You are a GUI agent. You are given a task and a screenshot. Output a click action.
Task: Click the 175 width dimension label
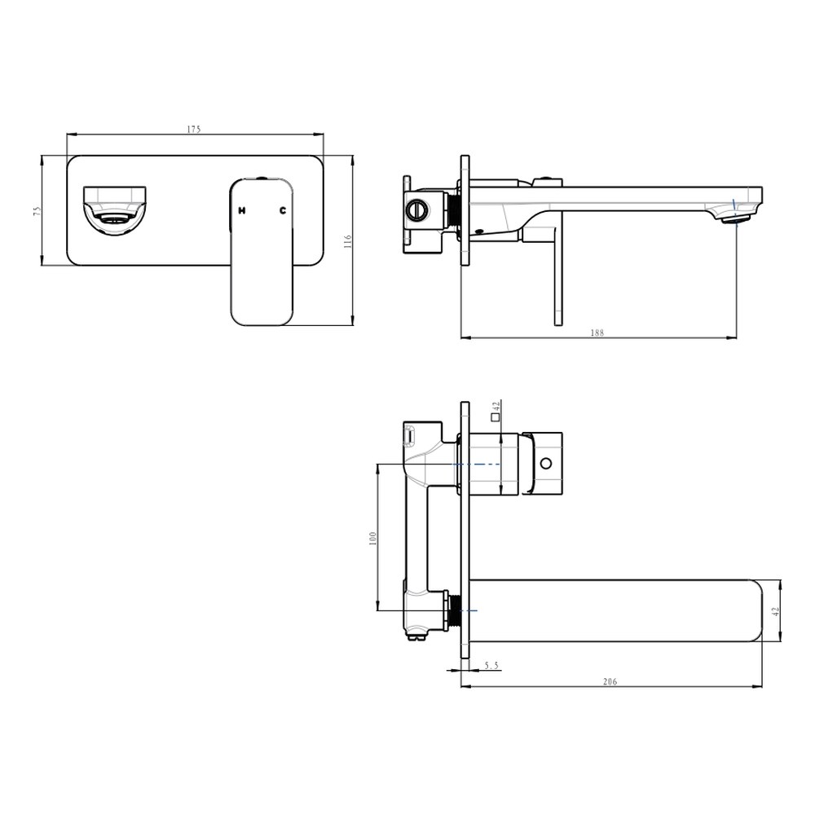click(194, 130)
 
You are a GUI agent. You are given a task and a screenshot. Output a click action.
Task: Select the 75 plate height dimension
click(37, 211)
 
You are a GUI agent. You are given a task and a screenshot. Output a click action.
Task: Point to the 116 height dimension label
click(348, 241)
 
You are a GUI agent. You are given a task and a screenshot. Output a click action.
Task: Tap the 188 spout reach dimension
click(597, 333)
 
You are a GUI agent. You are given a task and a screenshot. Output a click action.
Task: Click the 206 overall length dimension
click(610, 681)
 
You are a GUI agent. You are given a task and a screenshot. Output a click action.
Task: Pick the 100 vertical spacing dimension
click(372, 538)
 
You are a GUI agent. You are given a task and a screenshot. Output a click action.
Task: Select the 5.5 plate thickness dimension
click(491, 665)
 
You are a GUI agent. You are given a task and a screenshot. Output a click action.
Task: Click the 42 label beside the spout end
click(777, 611)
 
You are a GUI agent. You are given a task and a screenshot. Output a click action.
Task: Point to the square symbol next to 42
click(495, 416)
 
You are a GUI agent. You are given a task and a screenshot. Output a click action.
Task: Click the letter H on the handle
click(242, 210)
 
